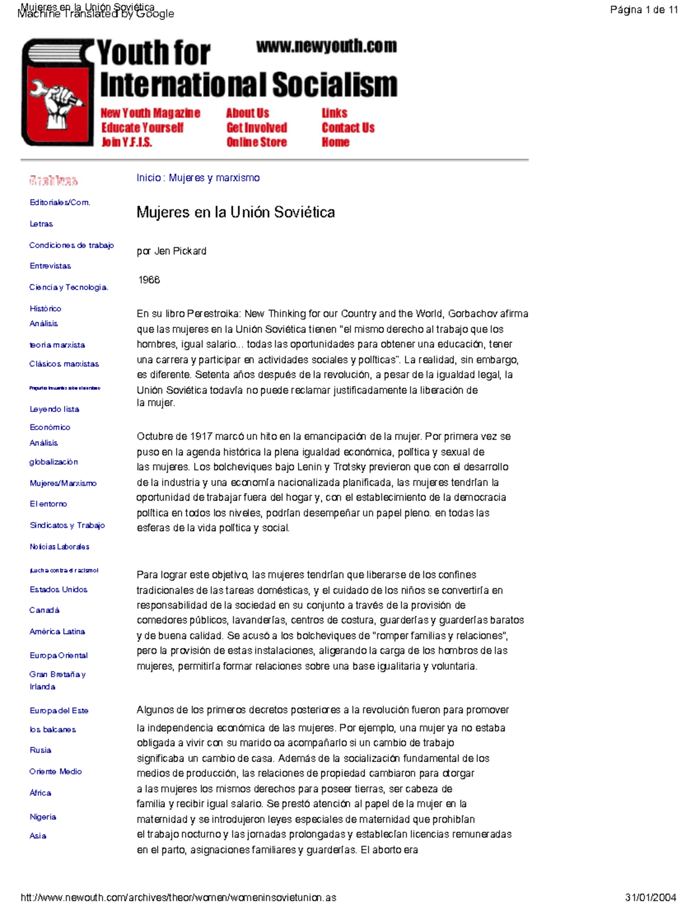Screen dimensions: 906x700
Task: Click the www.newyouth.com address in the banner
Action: pos(326,46)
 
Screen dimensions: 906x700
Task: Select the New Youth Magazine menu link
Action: pos(150,113)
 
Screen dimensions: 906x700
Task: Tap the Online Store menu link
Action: pos(257,142)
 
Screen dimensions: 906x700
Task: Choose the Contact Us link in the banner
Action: pos(348,128)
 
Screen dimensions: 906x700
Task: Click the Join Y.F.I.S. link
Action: pos(127,142)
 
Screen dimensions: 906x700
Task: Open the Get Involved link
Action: pos(257,128)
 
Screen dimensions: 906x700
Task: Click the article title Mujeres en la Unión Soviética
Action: pos(235,212)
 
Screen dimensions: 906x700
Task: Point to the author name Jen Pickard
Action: pos(180,251)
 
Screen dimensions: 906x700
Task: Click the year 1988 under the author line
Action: pos(149,280)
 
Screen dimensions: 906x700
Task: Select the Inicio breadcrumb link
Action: pos(148,178)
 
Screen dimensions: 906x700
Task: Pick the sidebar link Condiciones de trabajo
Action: pos(71,246)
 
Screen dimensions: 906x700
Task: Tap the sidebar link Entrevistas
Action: pos(50,266)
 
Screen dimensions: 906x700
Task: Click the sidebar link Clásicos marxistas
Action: pos(64,364)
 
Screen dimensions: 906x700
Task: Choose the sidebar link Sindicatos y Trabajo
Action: pos(67,526)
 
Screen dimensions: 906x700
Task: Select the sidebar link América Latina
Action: pos(57,632)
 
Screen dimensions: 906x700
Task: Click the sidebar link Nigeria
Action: pos(43,817)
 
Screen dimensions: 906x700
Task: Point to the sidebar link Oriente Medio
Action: pos(55,772)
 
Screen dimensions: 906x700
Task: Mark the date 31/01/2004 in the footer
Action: pos(650,898)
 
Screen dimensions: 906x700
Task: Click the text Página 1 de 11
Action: pos(643,10)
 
